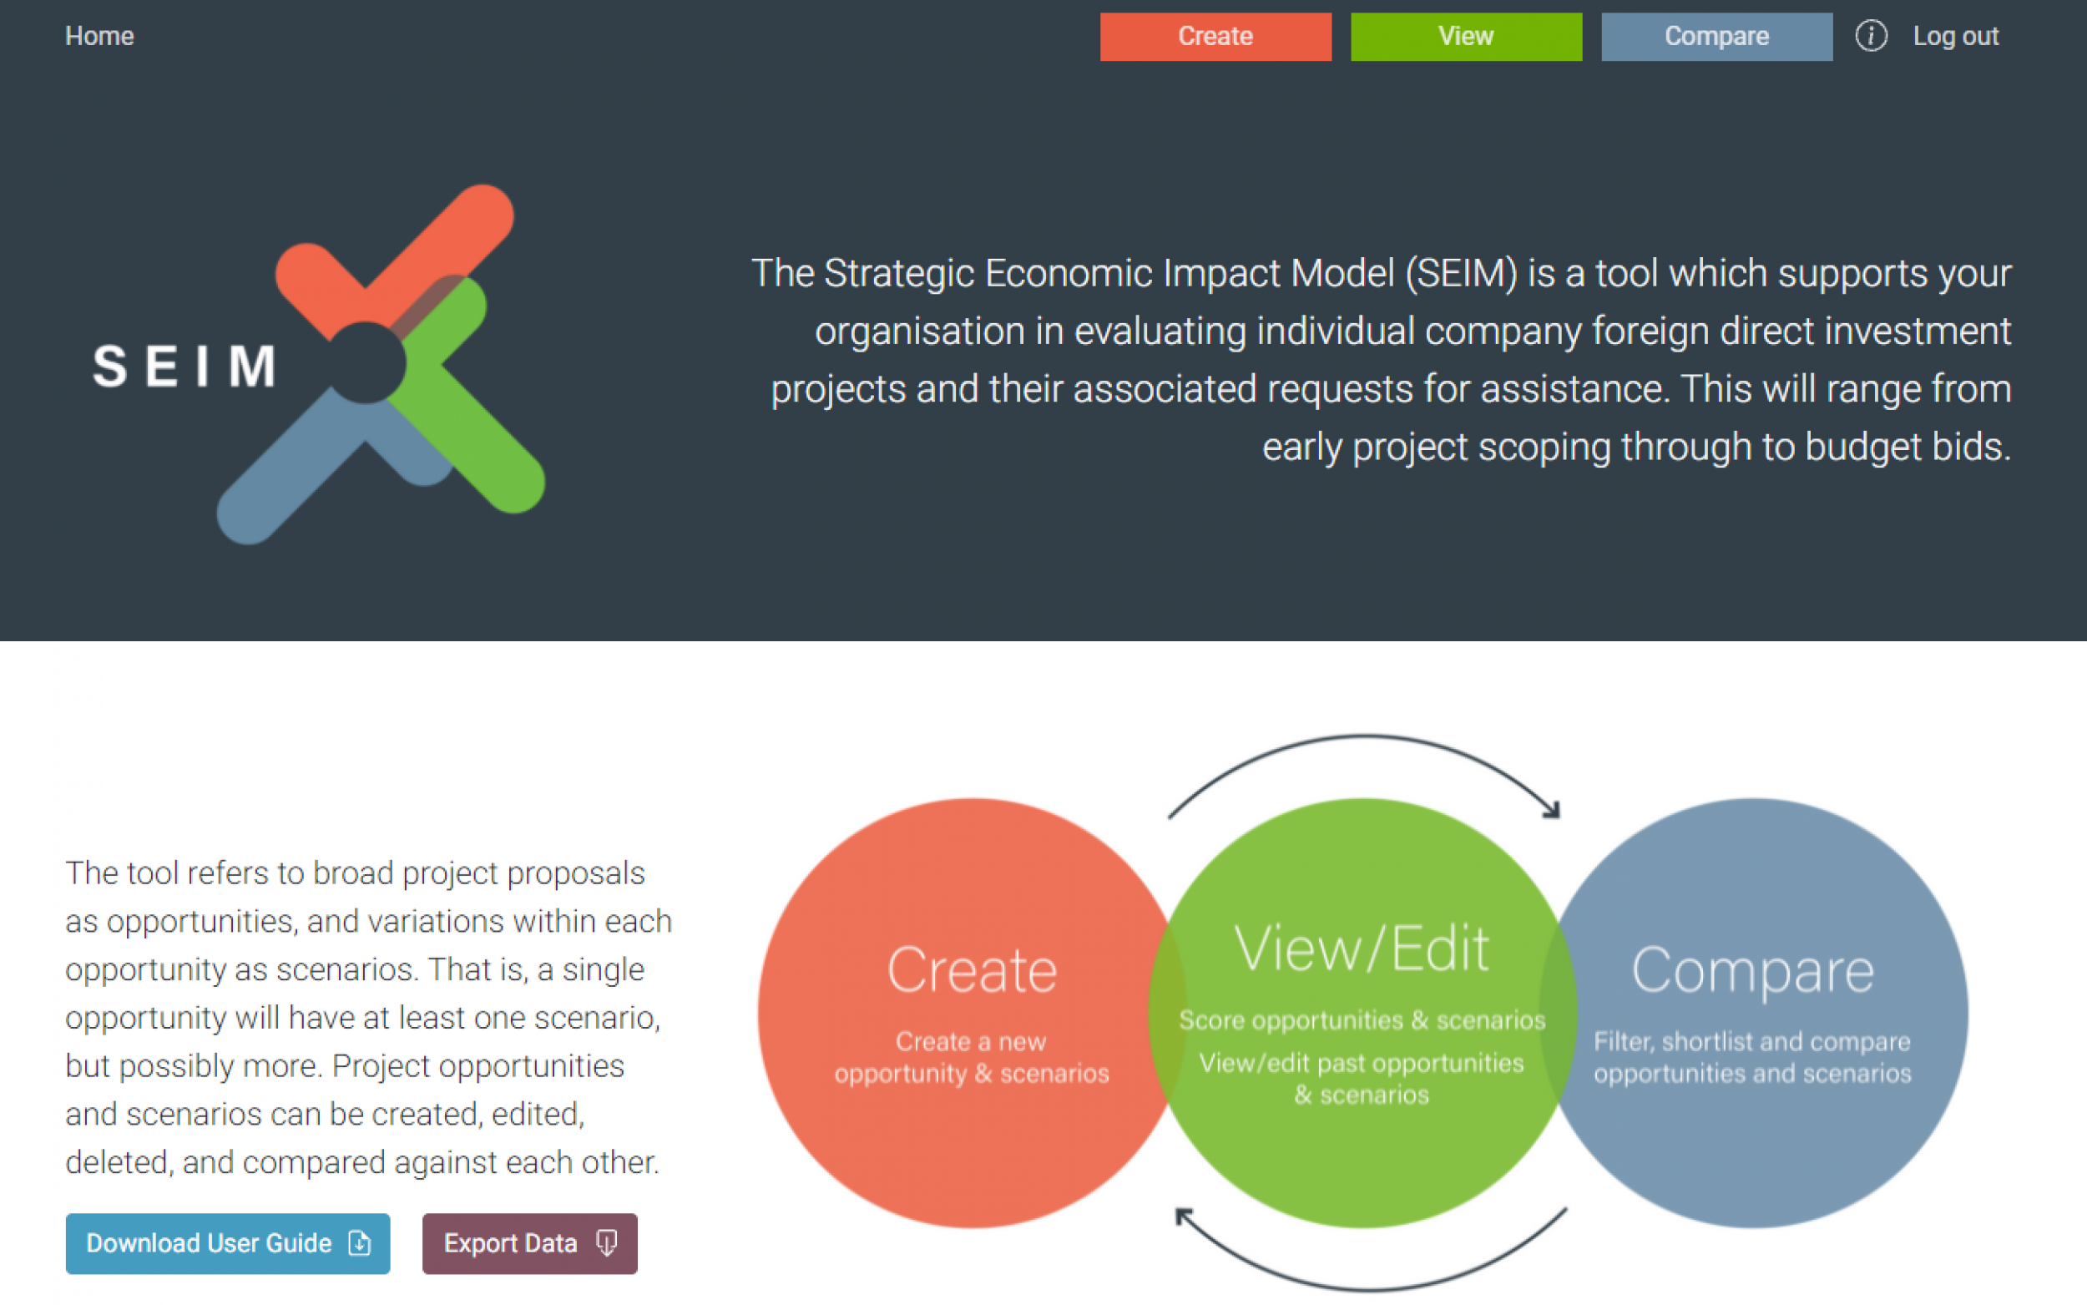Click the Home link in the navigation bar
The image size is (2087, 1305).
(x=99, y=36)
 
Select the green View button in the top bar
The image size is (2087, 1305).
(x=1466, y=36)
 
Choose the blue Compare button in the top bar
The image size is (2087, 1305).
(x=1716, y=36)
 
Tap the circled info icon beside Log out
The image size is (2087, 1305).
(x=1871, y=36)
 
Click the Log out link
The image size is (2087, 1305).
(x=1955, y=36)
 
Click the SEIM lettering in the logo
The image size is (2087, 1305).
(x=184, y=366)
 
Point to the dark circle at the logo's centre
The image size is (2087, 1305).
(x=366, y=363)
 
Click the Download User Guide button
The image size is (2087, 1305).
(x=227, y=1243)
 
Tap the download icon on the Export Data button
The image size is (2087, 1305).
(x=607, y=1243)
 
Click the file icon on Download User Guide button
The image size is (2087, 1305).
(x=360, y=1243)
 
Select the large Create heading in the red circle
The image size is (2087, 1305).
(x=972, y=970)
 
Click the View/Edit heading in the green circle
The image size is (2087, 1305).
(x=1362, y=948)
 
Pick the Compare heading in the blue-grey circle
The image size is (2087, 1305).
(x=1752, y=970)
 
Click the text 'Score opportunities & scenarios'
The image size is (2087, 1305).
(x=1362, y=1020)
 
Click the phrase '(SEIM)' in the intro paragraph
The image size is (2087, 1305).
(x=1461, y=274)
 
